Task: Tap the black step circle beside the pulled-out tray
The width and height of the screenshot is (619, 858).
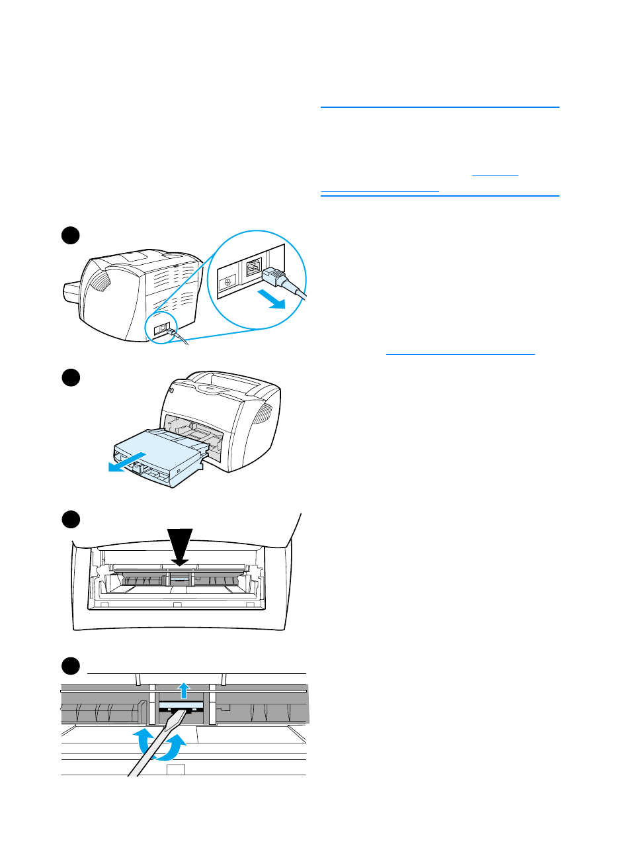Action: point(71,377)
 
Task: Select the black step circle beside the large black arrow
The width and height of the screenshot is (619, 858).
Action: point(71,519)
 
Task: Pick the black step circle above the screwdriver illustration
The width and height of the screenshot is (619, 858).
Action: point(71,665)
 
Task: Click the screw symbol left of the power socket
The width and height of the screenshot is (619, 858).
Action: point(227,281)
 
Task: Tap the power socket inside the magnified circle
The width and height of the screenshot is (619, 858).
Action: point(253,267)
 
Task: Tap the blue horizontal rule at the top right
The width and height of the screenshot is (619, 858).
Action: point(440,107)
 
